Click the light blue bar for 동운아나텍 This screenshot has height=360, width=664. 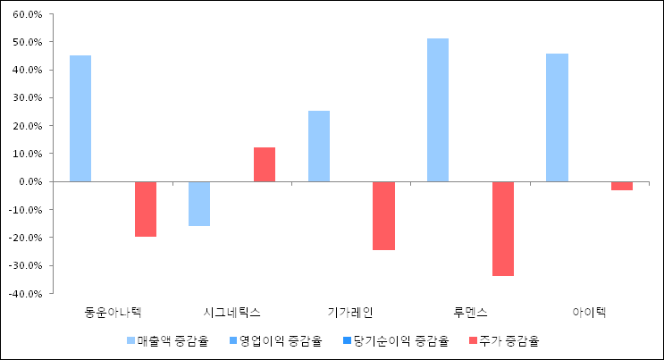80,118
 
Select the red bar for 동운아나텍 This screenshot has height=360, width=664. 146,209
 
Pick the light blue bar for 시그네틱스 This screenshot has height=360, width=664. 199,204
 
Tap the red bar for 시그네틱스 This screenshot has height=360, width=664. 265,164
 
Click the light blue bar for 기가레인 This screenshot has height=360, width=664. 319,146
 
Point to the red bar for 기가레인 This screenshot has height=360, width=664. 383,215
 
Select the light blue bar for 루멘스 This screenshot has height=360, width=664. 438,110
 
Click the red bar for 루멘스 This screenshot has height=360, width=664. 502,229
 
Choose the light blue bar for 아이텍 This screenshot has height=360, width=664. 557,117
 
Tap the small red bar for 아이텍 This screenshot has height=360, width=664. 622,186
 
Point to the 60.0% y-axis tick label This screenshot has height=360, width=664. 28,14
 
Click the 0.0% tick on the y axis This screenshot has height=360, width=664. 30,181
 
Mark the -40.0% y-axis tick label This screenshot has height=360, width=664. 25,293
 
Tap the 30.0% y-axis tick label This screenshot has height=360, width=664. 28,98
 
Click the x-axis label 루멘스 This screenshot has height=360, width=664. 470,313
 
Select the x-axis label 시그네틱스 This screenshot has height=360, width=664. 231,313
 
